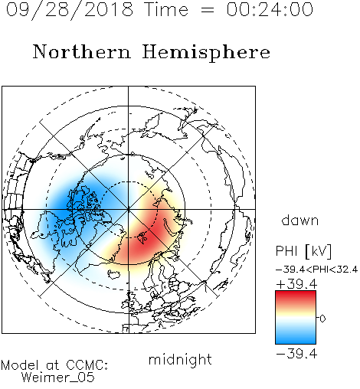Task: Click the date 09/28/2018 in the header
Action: (70, 10)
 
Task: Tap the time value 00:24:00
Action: (270, 9)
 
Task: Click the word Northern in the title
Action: (82, 51)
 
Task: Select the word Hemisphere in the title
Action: (206, 53)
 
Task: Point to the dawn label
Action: (300, 221)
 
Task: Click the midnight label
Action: (180, 360)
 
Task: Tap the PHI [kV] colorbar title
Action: (303, 251)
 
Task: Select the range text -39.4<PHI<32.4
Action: (316, 270)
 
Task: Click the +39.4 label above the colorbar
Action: (296, 284)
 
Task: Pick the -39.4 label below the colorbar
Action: (296, 354)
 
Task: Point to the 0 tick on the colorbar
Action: (322, 319)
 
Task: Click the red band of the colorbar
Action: (296, 296)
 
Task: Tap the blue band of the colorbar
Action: (296, 338)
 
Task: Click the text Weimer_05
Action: (58, 378)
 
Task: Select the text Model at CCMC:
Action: (54, 365)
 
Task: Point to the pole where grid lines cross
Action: (128, 209)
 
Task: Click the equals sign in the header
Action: (208, 10)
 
